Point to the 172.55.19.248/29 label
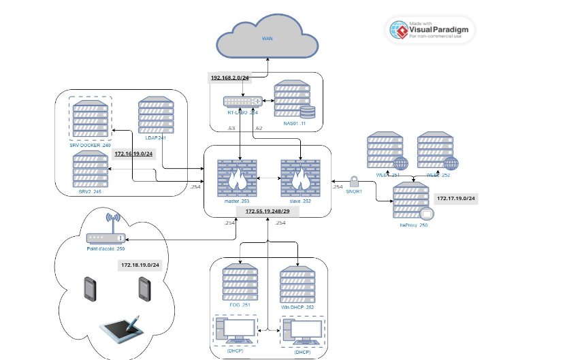268,212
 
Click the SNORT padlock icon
353,180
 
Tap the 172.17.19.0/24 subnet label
455,199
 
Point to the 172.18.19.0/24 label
140,264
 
